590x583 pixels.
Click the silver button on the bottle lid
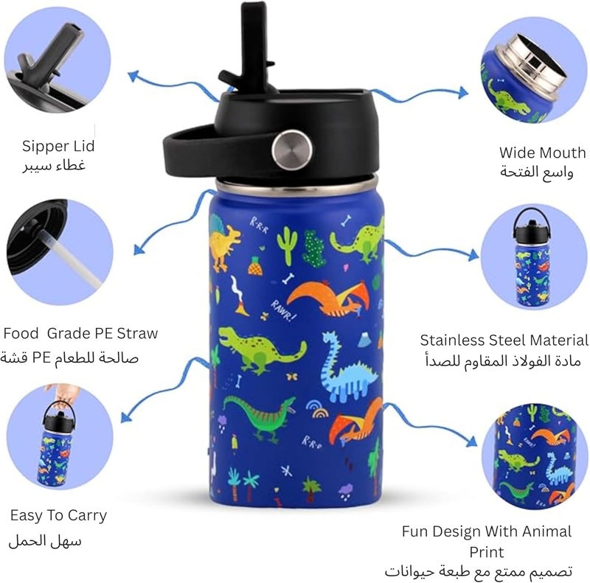292,150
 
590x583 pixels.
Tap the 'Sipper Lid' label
58,146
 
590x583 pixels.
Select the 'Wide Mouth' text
542,153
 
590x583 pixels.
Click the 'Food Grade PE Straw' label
80,333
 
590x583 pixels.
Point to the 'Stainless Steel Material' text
504,340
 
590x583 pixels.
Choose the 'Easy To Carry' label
59,515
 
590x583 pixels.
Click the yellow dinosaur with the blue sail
224,242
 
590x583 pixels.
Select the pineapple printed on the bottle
254,265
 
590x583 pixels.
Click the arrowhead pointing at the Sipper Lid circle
133,76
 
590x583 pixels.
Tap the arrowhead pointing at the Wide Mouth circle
464,92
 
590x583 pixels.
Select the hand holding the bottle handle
63,393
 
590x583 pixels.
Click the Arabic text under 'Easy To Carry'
45,541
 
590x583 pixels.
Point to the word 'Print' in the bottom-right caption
486,552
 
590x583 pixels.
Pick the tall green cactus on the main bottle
287,245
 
